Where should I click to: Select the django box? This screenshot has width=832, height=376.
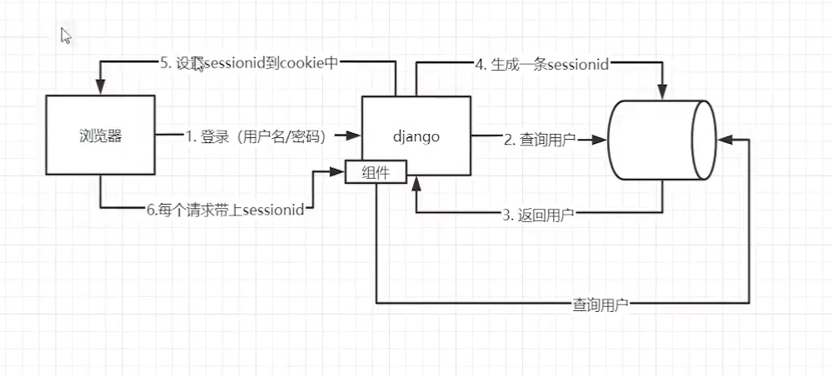pyautogui.click(x=416, y=136)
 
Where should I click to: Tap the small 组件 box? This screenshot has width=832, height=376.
pyautogui.click(x=376, y=173)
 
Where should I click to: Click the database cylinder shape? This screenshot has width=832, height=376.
pyautogui.click(x=662, y=140)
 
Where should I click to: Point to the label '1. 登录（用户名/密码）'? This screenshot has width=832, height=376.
pyautogui.click(x=255, y=136)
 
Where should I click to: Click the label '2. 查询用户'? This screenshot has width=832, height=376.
pyautogui.click(x=539, y=140)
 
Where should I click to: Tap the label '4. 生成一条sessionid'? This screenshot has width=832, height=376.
pyautogui.click(x=541, y=64)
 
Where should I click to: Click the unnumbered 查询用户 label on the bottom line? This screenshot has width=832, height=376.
pyautogui.click(x=600, y=305)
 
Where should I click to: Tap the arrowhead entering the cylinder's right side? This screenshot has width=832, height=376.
pyautogui.click(x=724, y=140)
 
